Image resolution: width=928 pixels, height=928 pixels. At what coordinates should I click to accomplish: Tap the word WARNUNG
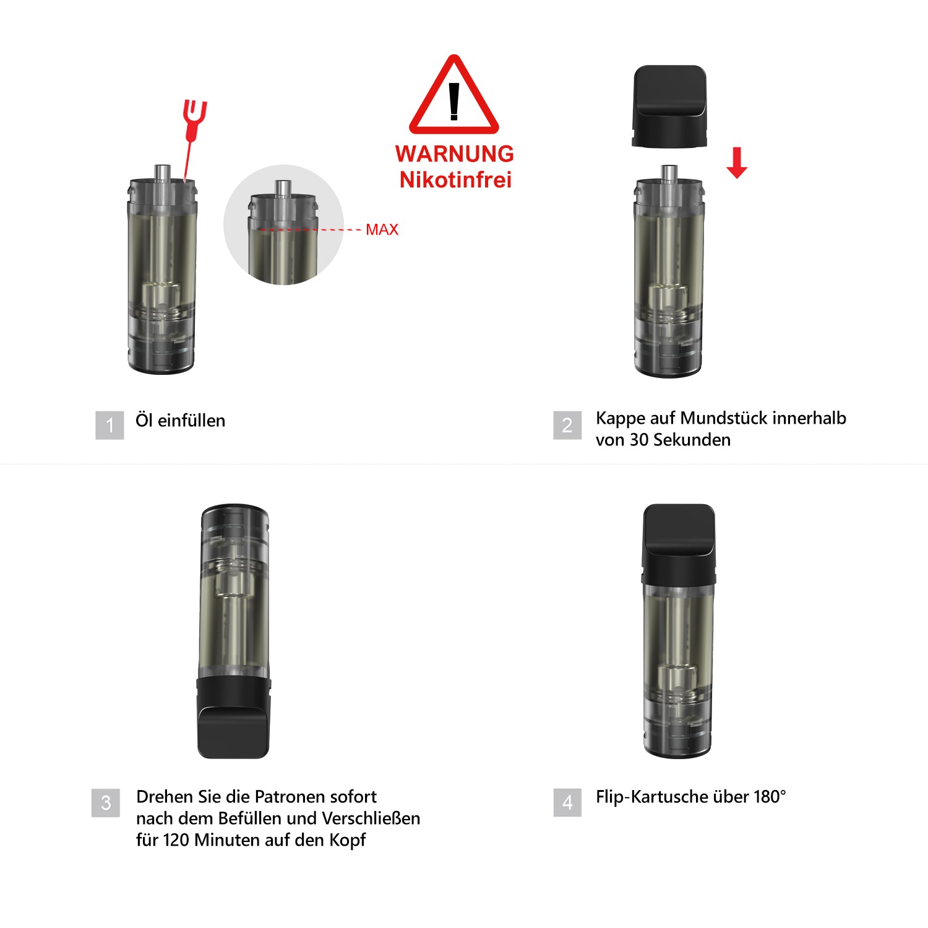455,153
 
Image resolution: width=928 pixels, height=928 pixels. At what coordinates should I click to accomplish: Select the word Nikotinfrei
455,179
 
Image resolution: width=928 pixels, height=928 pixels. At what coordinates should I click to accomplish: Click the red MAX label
382,230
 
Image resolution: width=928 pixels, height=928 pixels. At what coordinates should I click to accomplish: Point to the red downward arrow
736,163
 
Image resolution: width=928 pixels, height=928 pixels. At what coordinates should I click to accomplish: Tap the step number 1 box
110,425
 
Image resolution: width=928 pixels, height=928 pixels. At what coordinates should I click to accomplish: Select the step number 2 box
567,425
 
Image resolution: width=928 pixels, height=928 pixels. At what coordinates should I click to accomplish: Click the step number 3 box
106,802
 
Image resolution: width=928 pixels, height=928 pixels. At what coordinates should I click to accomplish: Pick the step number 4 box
567,802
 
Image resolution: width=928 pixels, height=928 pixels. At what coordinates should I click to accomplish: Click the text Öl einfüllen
180,421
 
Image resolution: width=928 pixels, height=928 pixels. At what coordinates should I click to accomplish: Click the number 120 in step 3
176,840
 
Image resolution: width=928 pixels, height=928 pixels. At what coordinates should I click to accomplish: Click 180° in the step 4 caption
770,796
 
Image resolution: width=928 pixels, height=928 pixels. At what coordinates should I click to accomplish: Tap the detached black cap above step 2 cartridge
669,106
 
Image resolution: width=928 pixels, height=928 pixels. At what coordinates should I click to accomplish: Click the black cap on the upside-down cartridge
233,718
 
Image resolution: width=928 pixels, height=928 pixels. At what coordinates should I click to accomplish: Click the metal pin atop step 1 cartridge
163,173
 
